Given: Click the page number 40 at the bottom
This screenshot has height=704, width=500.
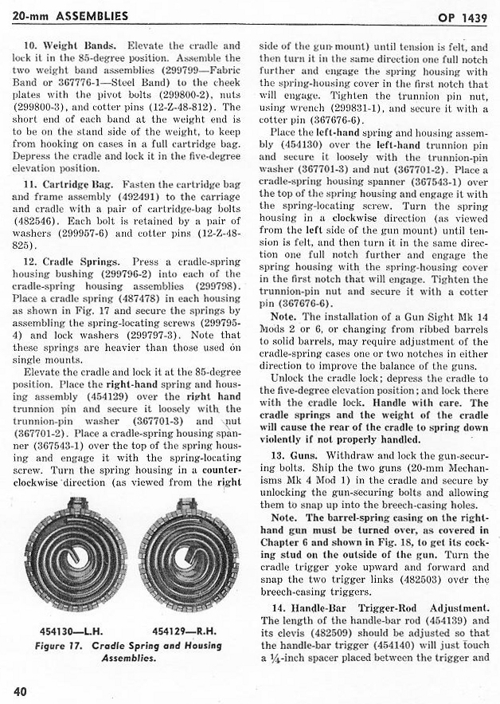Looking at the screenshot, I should pos(20,690).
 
